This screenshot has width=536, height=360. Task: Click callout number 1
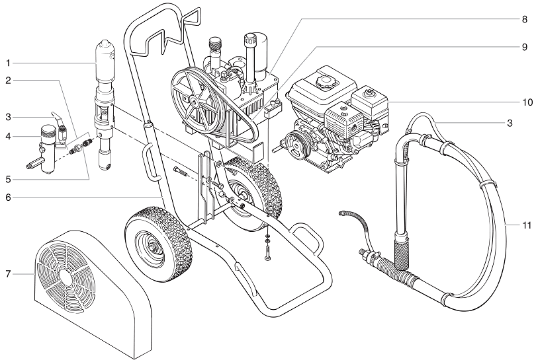pyautogui.click(x=8, y=63)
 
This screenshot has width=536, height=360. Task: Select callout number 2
pyautogui.click(x=8, y=81)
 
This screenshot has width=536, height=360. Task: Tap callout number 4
pyautogui.click(x=8, y=137)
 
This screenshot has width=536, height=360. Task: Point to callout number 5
pyautogui.click(x=8, y=178)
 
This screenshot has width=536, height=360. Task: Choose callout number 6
pyautogui.click(x=8, y=197)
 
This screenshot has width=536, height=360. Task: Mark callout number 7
pyautogui.click(x=8, y=272)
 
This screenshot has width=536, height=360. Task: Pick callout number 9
pyautogui.click(x=523, y=47)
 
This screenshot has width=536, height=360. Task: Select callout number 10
pyautogui.click(x=527, y=102)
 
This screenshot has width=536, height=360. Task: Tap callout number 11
pyautogui.click(x=526, y=225)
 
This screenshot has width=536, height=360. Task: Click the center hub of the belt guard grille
pyautogui.click(x=67, y=279)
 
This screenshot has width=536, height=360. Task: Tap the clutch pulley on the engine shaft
pyautogui.click(x=295, y=141)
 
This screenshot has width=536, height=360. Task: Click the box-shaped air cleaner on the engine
pyautogui.click(x=370, y=103)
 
